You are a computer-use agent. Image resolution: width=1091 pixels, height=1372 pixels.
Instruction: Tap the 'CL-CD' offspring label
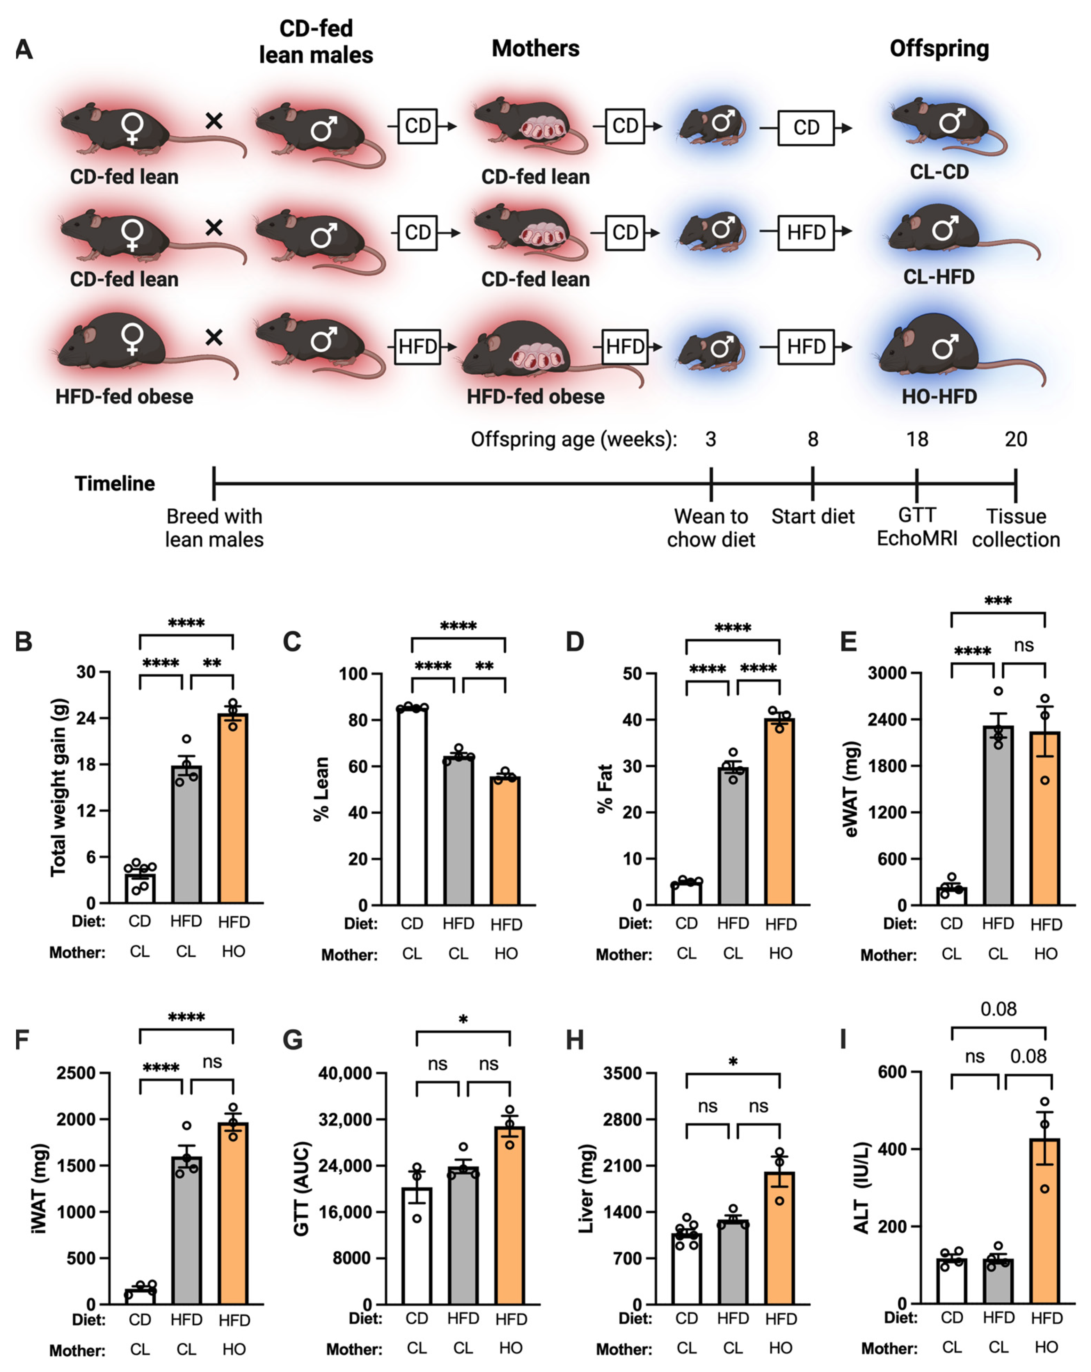point(939,172)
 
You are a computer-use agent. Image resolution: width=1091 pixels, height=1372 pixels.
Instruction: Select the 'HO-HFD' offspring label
point(939,397)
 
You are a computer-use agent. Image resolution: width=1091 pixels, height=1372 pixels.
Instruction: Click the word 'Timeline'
point(114,484)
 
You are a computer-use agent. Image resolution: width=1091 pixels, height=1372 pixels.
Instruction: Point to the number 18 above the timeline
point(917,439)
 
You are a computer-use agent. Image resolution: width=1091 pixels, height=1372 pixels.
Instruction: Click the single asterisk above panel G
point(463,1020)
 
